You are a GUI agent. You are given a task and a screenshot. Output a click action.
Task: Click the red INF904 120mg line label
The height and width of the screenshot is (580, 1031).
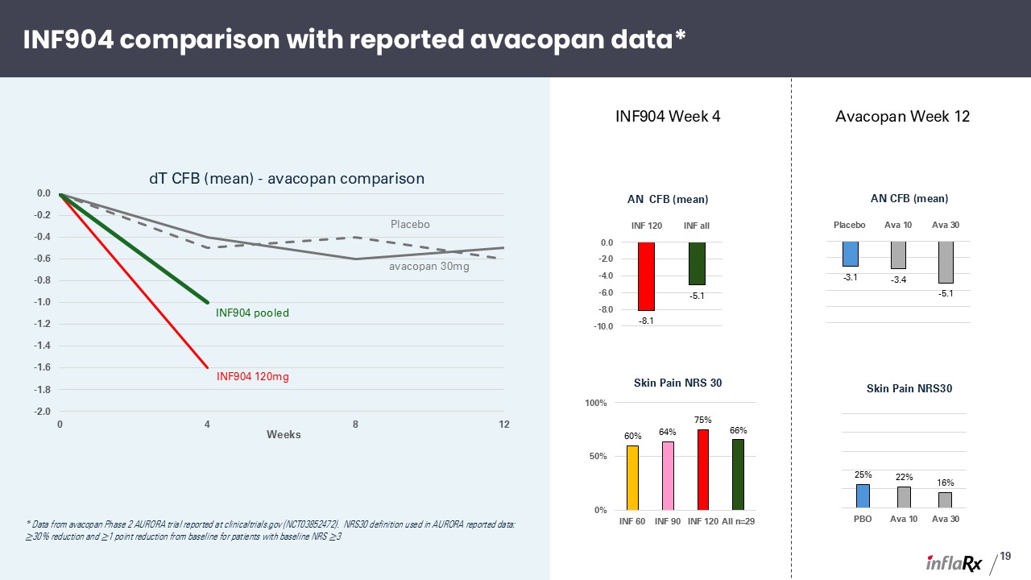(x=253, y=376)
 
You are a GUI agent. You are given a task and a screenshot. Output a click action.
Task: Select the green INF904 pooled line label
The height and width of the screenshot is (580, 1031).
(x=252, y=313)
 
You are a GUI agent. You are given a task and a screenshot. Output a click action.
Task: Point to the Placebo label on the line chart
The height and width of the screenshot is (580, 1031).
(x=410, y=224)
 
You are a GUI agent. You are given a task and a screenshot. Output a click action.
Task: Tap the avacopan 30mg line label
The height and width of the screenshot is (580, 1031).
(x=429, y=267)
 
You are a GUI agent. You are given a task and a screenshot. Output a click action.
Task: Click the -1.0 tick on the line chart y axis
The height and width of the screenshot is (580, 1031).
(x=43, y=302)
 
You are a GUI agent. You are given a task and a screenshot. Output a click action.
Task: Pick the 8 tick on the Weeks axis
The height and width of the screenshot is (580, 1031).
(x=355, y=425)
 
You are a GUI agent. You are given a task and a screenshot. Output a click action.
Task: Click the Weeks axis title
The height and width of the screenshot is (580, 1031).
(x=284, y=434)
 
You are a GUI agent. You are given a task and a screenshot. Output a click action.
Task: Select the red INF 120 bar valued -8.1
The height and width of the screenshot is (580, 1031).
(x=646, y=276)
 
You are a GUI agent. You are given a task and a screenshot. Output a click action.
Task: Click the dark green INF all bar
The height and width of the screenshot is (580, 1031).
(x=697, y=263)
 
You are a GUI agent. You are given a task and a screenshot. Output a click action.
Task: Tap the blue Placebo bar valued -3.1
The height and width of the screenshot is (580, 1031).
(x=850, y=254)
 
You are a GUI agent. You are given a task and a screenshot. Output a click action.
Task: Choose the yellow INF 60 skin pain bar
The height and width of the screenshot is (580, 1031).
(x=632, y=478)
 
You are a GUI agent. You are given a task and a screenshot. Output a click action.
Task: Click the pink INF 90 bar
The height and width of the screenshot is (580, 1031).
(x=668, y=476)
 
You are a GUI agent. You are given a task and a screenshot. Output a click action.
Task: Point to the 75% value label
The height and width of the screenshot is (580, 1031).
(x=703, y=420)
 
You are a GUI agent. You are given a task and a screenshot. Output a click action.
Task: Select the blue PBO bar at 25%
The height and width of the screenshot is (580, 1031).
(x=863, y=495)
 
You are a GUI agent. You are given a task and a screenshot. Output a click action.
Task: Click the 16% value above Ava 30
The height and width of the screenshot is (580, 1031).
(x=946, y=483)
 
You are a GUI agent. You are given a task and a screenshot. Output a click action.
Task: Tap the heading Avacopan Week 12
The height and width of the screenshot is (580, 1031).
(x=903, y=117)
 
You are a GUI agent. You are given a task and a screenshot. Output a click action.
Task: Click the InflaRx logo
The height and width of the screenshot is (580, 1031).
(x=954, y=562)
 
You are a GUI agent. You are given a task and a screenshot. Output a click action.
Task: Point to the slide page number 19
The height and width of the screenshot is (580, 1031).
(x=1005, y=556)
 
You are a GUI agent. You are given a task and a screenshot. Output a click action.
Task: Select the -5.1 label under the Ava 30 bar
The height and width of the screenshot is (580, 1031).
(x=946, y=294)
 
